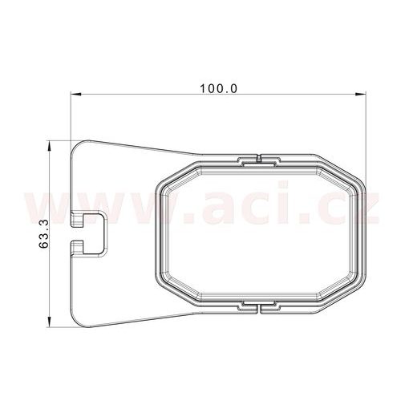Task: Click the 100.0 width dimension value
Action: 219,87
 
